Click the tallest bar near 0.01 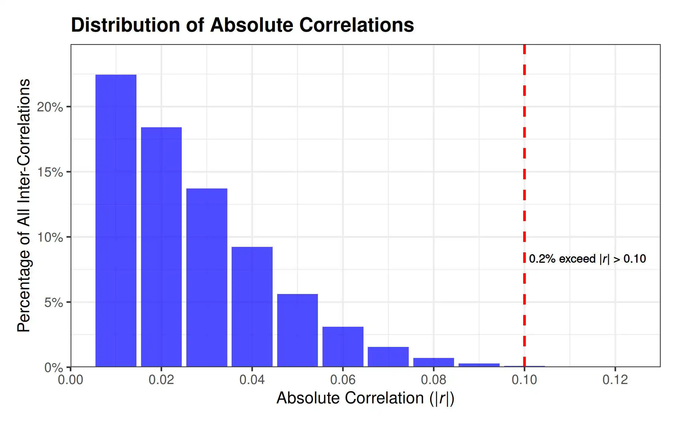coord(116,221)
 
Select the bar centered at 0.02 coord(161,247)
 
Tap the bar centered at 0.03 coord(207,277)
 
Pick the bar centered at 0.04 coord(252,307)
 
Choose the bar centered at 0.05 coord(297,330)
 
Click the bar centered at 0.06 coord(343,347)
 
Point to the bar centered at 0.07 coord(388,357)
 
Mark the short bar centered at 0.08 coord(434,362)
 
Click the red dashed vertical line coord(524,206)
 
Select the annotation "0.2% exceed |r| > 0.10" coord(587,259)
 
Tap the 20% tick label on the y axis coord(50,107)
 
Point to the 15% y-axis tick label coord(50,172)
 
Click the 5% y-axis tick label coord(54,303)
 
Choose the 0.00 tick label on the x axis coord(71,380)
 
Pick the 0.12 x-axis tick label coord(615,380)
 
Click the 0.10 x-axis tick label coord(524,380)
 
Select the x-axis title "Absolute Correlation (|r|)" coord(365,398)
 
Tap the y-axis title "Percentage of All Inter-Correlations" coord(24,206)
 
